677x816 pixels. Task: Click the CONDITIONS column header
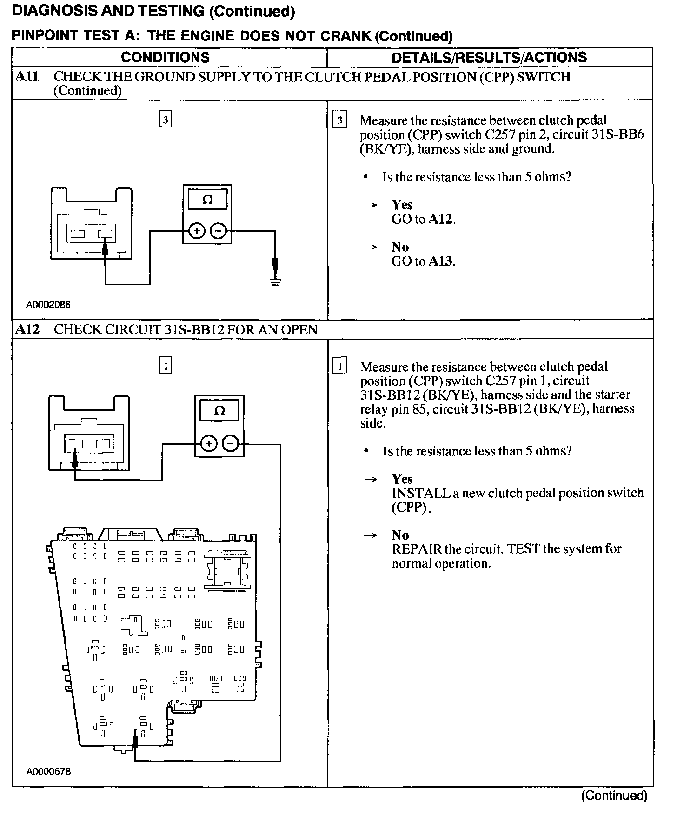[165, 57]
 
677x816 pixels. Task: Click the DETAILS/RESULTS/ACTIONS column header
[489, 57]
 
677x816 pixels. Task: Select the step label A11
[27, 77]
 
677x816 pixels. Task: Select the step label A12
[27, 329]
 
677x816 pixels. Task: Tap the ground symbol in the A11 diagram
[275, 280]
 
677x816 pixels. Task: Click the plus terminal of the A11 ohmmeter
[197, 231]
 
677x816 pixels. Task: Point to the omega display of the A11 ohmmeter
[207, 200]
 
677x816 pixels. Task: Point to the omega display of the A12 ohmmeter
[219, 411]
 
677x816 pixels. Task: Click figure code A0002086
[48, 305]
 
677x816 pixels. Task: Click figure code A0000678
[48, 772]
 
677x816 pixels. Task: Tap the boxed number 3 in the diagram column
[165, 120]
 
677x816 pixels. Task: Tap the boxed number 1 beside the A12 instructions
[340, 367]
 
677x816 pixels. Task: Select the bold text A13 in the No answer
[441, 261]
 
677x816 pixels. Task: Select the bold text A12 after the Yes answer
[441, 219]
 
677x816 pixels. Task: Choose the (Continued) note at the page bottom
[614, 796]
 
